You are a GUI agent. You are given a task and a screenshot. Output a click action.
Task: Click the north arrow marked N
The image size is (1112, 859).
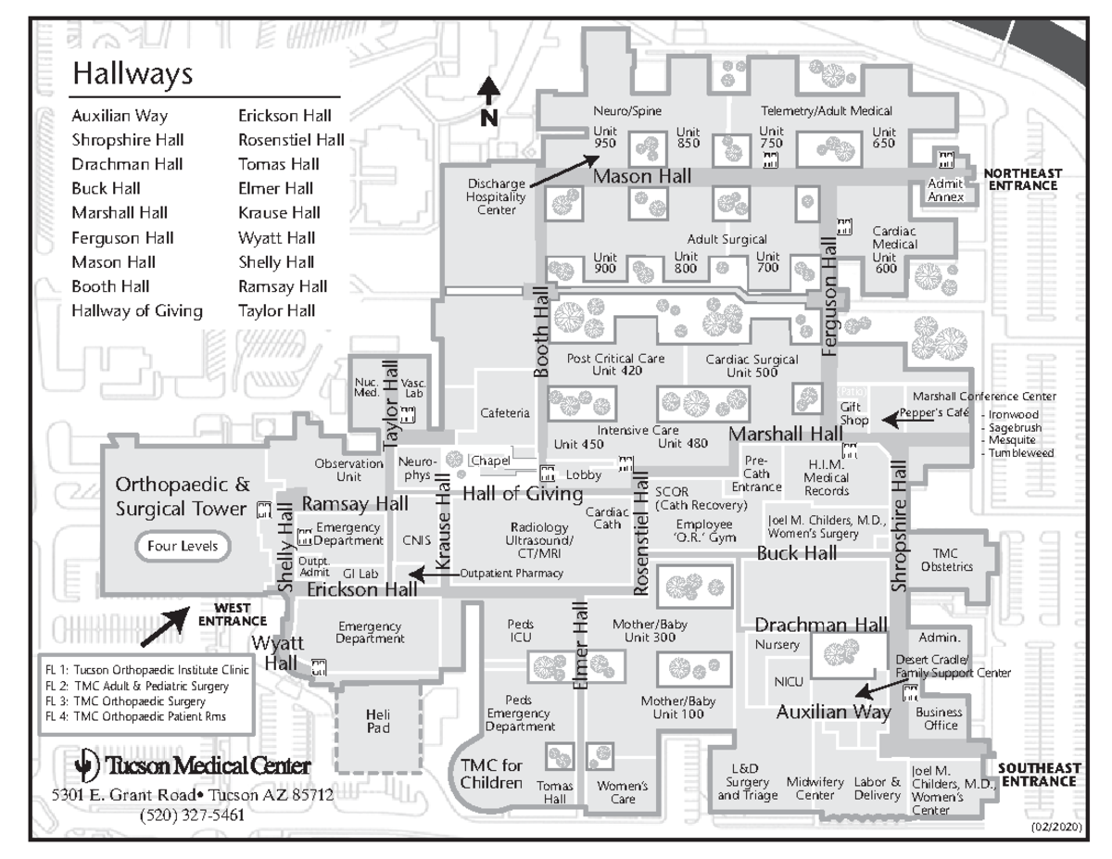click(x=489, y=102)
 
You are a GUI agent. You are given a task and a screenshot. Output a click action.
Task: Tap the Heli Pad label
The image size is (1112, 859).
click(x=378, y=721)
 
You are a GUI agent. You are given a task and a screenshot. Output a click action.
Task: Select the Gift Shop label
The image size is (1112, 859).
click(x=853, y=413)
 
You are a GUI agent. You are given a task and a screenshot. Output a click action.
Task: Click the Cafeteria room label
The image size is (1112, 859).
click(x=505, y=413)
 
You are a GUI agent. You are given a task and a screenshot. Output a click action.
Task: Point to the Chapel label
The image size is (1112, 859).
click(x=490, y=461)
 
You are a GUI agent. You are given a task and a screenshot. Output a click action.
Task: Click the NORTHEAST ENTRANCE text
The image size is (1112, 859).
click(x=1020, y=179)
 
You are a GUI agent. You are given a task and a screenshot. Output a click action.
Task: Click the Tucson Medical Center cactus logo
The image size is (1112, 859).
click(x=85, y=766)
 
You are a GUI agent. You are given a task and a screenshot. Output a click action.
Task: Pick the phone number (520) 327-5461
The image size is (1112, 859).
click(x=193, y=815)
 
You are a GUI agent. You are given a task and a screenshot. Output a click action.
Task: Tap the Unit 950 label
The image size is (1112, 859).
click(x=605, y=137)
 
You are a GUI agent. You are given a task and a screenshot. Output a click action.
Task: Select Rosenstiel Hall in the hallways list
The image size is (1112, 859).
click(x=291, y=141)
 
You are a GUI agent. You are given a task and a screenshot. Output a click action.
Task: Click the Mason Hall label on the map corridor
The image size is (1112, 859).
click(x=636, y=176)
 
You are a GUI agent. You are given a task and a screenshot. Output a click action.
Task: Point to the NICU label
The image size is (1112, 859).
click(x=788, y=683)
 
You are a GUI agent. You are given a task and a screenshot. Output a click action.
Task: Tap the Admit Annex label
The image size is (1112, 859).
click(x=945, y=190)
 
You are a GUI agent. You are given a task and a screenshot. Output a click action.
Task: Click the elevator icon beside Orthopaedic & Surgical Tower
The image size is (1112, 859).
click(x=263, y=509)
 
